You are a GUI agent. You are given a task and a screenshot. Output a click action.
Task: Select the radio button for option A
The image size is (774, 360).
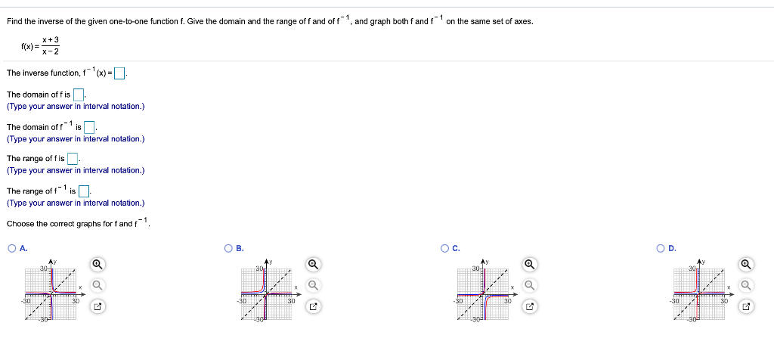pyautogui.click(x=12, y=248)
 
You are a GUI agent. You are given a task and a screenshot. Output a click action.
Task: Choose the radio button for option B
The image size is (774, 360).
pyautogui.click(x=228, y=248)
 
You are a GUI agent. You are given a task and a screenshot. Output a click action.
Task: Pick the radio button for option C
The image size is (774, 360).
pyautogui.click(x=445, y=248)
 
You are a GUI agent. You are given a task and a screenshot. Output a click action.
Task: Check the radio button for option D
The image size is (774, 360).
pyautogui.click(x=661, y=248)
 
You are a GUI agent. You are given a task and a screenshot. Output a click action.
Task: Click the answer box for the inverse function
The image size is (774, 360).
pyautogui.click(x=119, y=73)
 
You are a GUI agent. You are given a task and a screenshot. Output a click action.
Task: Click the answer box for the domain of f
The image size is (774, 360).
pyautogui.click(x=78, y=95)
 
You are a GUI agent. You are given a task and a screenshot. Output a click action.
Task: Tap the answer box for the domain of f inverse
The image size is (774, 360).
pyautogui.click(x=88, y=126)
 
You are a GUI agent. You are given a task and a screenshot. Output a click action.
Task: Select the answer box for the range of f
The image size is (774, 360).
pyautogui.click(x=73, y=158)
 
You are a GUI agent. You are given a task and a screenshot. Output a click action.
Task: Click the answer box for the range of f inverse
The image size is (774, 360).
pyautogui.click(x=84, y=191)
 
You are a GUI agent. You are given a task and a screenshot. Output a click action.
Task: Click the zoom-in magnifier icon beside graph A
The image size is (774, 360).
pyautogui.click(x=97, y=264)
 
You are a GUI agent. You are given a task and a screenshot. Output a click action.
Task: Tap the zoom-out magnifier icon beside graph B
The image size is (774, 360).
pyautogui.click(x=313, y=285)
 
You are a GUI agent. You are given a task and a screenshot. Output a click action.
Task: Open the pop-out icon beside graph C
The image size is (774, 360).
pyautogui.click(x=530, y=307)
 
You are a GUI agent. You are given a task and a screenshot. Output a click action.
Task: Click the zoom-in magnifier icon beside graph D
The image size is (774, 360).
pyautogui.click(x=746, y=264)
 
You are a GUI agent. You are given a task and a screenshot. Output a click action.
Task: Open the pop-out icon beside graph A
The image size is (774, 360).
pyautogui.click(x=97, y=307)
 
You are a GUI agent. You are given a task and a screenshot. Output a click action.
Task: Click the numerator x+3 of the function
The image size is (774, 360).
pyautogui.click(x=51, y=39)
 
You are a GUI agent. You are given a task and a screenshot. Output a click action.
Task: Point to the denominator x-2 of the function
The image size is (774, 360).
pyautogui.click(x=51, y=51)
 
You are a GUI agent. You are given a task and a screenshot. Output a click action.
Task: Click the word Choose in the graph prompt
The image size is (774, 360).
pyautogui.click(x=20, y=223)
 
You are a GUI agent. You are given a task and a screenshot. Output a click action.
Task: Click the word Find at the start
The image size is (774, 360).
pyautogui.click(x=14, y=21)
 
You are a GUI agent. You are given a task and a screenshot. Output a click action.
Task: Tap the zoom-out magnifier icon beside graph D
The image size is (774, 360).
pyautogui.click(x=746, y=285)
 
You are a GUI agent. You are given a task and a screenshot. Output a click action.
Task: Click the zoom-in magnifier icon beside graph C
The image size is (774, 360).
pyautogui.click(x=530, y=264)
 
